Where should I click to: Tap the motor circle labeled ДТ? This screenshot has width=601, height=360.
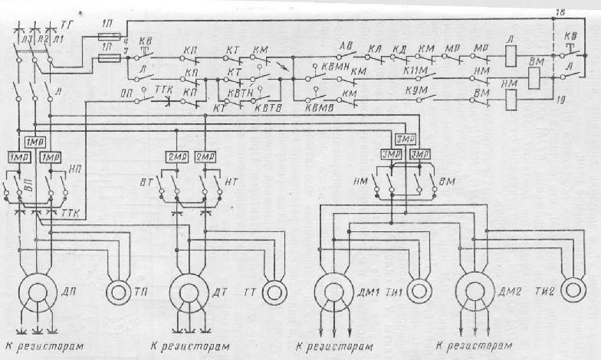(x=186, y=295)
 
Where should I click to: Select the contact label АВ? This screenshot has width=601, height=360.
(x=346, y=47)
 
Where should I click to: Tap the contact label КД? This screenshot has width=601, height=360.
(x=399, y=47)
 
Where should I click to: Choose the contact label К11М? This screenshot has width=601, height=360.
(x=413, y=68)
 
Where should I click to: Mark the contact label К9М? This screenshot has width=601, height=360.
(x=413, y=90)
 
